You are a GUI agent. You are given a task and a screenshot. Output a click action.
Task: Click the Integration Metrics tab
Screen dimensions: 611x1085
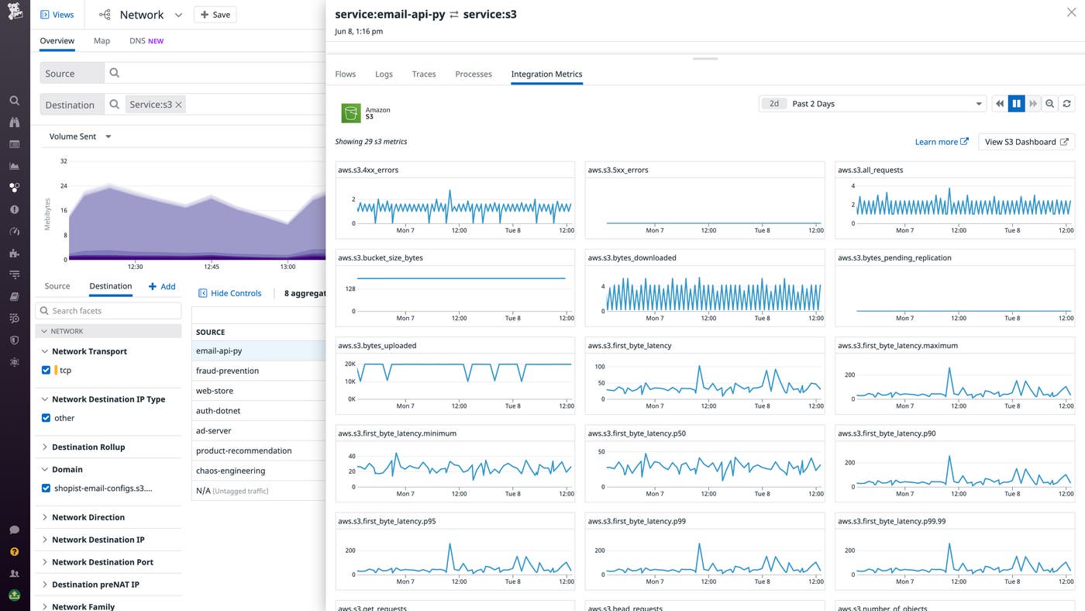[x=546, y=74]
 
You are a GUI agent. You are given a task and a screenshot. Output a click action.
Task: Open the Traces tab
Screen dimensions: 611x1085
[x=424, y=74]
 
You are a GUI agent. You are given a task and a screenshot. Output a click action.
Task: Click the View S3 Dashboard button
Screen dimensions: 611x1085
[x=1026, y=142]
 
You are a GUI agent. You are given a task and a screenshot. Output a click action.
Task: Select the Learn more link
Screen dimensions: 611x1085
[x=941, y=142]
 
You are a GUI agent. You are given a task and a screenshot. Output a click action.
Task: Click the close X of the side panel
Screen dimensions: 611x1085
[x=1071, y=12]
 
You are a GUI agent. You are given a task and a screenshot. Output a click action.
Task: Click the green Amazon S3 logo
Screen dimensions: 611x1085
[x=351, y=113]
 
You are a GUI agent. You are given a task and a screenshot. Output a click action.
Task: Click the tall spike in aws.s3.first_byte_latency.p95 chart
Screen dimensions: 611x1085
[x=449, y=546]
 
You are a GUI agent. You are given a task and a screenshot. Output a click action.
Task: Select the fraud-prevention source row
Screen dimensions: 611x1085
[x=227, y=371]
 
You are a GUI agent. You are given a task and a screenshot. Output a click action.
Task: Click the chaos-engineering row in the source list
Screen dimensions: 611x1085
[x=230, y=471]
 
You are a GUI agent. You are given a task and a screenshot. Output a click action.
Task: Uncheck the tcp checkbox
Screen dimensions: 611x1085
[x=46, y=371]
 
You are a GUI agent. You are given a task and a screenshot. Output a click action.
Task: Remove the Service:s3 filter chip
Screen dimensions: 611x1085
[x=178, y=105]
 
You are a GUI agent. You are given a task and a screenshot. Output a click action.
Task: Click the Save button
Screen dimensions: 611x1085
[x=215, y=15]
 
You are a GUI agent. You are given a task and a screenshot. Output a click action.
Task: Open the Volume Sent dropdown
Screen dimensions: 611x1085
[x=80, y=136]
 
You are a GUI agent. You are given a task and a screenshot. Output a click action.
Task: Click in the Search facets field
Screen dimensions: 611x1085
[x=108, y=311]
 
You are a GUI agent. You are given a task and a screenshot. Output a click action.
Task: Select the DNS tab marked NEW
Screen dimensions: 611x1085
[x=146, y=41]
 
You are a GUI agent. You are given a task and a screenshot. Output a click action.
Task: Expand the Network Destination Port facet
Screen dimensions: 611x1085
[x=102, y=562]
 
